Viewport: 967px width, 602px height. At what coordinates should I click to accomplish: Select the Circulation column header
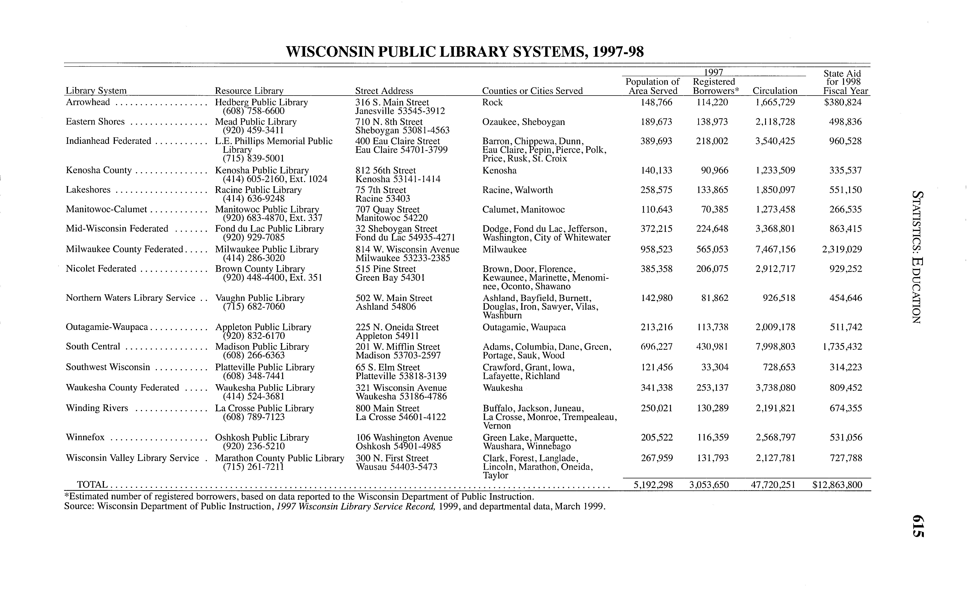[774, 91]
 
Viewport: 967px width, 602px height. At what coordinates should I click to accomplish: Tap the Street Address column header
[384, 91]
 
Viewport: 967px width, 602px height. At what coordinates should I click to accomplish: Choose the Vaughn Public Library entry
[260, 298]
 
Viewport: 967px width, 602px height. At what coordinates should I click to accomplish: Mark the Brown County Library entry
[260, 269]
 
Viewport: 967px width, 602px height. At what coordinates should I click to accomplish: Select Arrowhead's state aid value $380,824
[843, 102]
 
